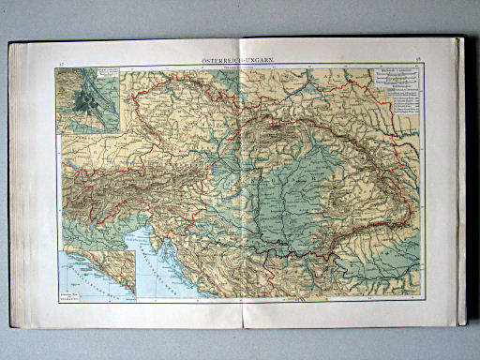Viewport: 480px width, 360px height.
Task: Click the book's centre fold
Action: (x=240, y=187)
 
